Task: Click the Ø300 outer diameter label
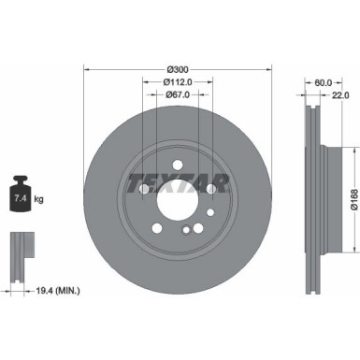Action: pyautogui.click(x=177, y=69)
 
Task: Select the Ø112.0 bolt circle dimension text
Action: pyautogui.click(x=177, y=80)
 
